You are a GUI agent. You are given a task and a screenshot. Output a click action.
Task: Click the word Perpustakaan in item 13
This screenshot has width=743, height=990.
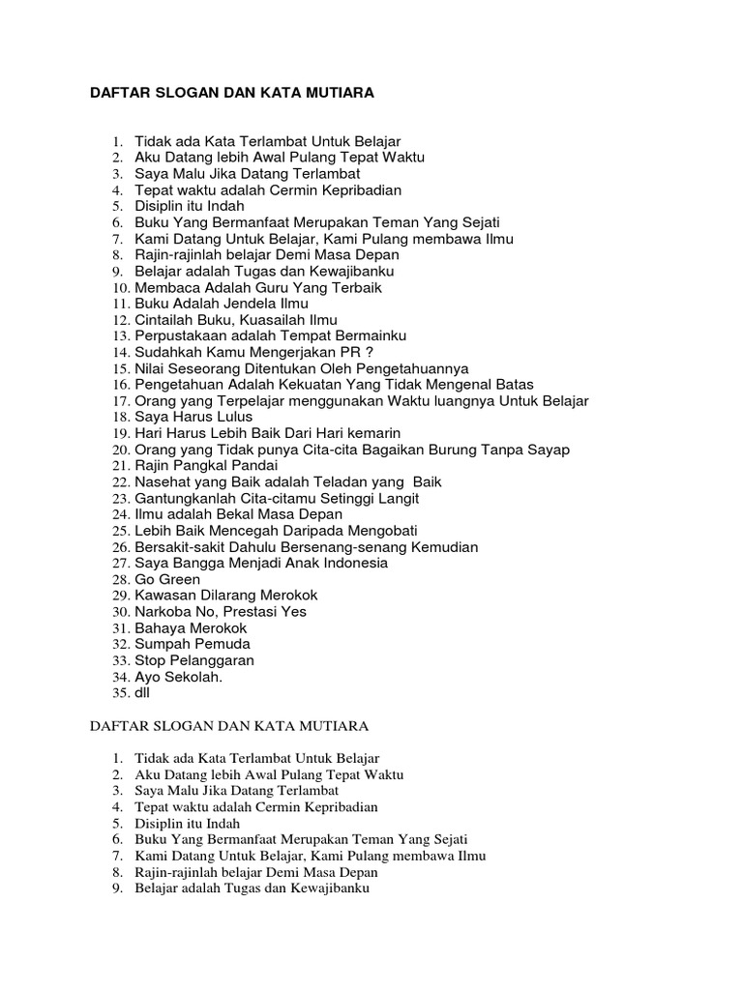180,335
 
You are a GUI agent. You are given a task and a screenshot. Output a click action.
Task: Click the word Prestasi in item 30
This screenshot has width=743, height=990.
251,611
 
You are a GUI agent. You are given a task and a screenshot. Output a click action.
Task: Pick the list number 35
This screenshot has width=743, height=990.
120,693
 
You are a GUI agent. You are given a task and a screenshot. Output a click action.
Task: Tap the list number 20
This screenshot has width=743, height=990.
120,450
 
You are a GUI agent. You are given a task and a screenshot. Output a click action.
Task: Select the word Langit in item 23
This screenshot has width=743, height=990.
396,498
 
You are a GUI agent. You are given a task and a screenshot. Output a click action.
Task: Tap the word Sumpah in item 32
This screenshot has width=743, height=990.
162,644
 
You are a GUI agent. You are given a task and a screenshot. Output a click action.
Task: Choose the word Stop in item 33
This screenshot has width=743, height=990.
151,660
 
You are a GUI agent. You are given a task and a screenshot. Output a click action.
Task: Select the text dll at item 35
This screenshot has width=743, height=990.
142,693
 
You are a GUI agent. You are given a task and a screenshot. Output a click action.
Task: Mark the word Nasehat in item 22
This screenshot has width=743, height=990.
164,481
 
